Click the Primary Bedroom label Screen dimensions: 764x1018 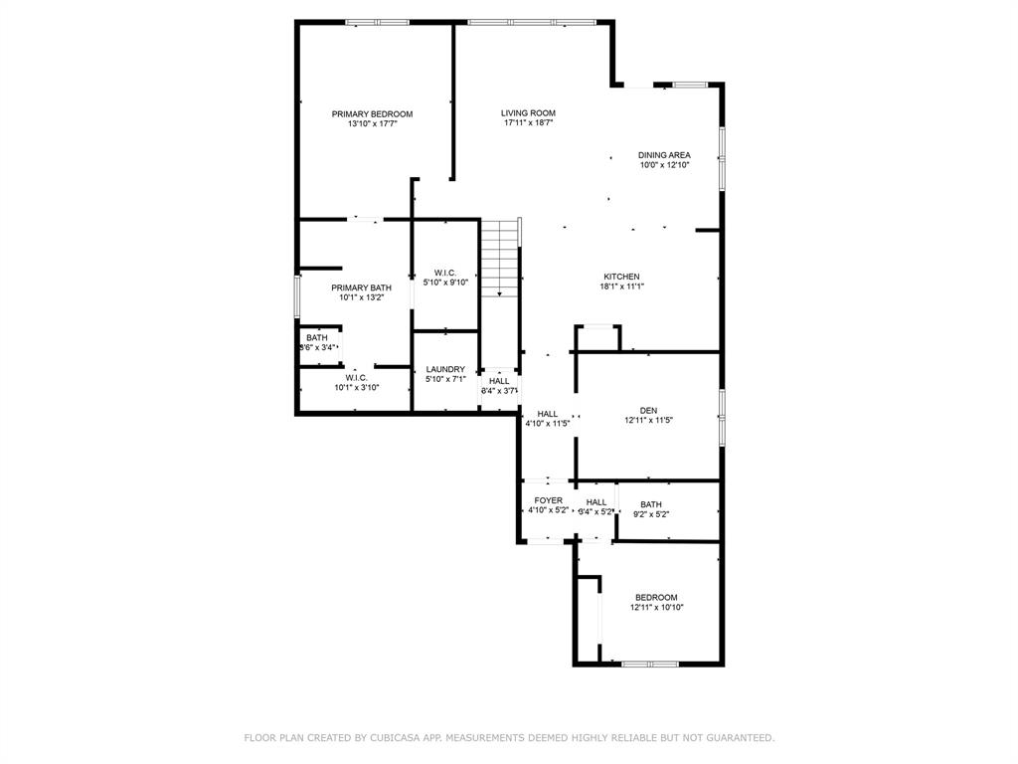pyautogui.click(x=372, y=114)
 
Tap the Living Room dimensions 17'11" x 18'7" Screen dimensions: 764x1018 pyautogui.click(x=528, y=123)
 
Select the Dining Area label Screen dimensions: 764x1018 pyautogui.click(x=664, y=155)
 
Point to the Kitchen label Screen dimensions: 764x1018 pyautogui.click(x=621, y=277)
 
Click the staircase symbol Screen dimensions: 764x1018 pyautogui.click(x=500, y=258)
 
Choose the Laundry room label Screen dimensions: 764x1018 pyautogui.click(x=445, y=369)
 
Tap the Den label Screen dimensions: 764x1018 pyautogui.click(x=648, y=410)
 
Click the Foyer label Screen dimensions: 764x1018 pyautogui.click(x=548, y=500)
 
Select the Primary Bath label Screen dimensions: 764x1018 pyautogui.click(x=361, y=287)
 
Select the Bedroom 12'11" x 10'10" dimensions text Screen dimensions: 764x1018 pyautogui.click(x=656, y=607)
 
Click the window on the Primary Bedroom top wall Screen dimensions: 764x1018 pyautogui.click(x=377, y=22)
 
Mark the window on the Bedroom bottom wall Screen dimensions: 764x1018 pyautogui.click(x=650, y=664)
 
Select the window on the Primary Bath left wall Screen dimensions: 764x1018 pyautogui.click(x=297, y=295)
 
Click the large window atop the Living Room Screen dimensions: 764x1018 pyautogui.click(x=532, y=22)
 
